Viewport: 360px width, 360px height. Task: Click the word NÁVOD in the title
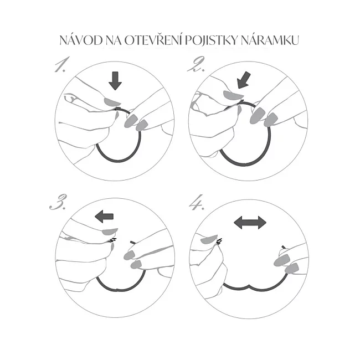coord(81,40)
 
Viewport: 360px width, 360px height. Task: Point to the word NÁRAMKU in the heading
coord(270,40)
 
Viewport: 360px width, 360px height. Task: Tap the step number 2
coord(196,64)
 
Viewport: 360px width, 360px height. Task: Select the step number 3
coord(58,202)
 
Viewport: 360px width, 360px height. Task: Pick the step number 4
coord(197,203)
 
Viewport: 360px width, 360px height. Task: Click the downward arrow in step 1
coord(115,81)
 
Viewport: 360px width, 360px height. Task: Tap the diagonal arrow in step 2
coord(244,80)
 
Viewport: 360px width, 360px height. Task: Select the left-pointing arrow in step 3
coord(104,217)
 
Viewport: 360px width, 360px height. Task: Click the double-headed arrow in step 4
coord(250,223)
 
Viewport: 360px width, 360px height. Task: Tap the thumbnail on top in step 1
coord(112,102)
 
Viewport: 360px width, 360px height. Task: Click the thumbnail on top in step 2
coord(233,95)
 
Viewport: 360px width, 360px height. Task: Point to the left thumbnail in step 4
coord(209,239)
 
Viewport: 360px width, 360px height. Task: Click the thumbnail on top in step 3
coord(110,232)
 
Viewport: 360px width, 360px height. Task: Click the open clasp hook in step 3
coord(112,240)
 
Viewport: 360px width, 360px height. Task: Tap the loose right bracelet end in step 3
coord(133,242)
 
